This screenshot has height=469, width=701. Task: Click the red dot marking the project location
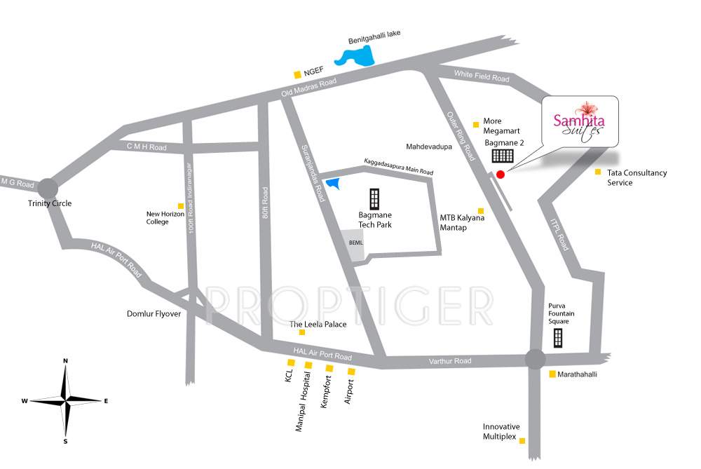pos(500,175)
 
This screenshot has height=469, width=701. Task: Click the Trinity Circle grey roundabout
pos(48,188)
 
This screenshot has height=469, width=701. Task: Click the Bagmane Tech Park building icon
pos(374,200)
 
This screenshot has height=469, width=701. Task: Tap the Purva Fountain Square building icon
pos(558,337)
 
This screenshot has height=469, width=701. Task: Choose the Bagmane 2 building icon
pos(502,156)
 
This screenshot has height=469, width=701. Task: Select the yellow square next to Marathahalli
pos(552,374)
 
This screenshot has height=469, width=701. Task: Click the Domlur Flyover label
pos(154,314)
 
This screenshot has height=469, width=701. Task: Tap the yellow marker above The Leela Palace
pos(302,332)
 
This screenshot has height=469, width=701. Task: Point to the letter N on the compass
pos(65,360)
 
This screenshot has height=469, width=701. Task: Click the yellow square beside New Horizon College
pos(181,206)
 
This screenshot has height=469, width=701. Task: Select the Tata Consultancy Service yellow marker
pos(598,172)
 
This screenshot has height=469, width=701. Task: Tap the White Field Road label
pos(482,78)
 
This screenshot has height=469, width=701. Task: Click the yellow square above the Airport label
pos(351,371)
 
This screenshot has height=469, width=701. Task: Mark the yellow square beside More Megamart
pos(476,125)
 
